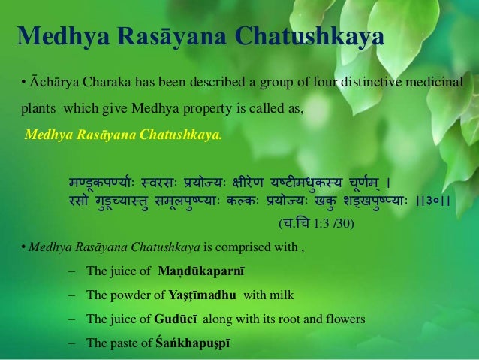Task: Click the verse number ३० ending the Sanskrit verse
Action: pos(435,200)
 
